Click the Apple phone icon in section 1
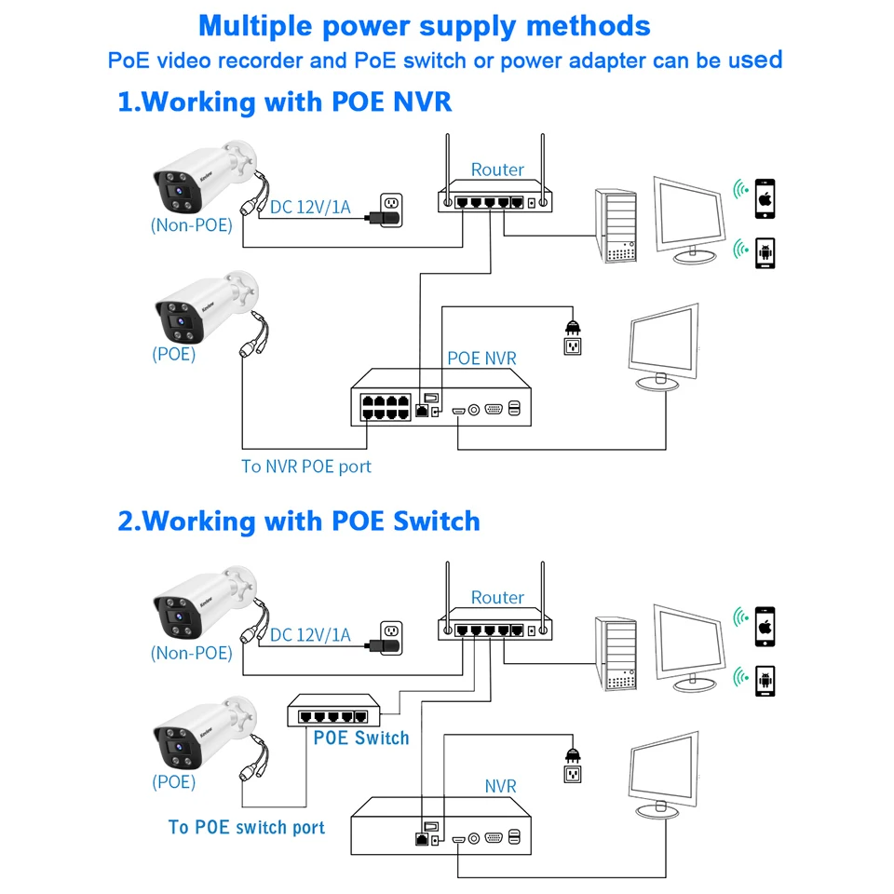point(765,198)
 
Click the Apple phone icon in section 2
point(765,626)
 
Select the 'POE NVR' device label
point(481,358)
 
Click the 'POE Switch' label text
point(361,738)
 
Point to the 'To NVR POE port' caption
point(306,466)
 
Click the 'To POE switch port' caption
point(247,827)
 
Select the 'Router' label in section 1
point(497,169)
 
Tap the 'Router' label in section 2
point(497,597)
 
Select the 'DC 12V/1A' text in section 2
point(310,634)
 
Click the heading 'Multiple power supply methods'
point(425,25)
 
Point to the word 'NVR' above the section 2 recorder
point(500,786)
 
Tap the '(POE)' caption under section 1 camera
point(174,354)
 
